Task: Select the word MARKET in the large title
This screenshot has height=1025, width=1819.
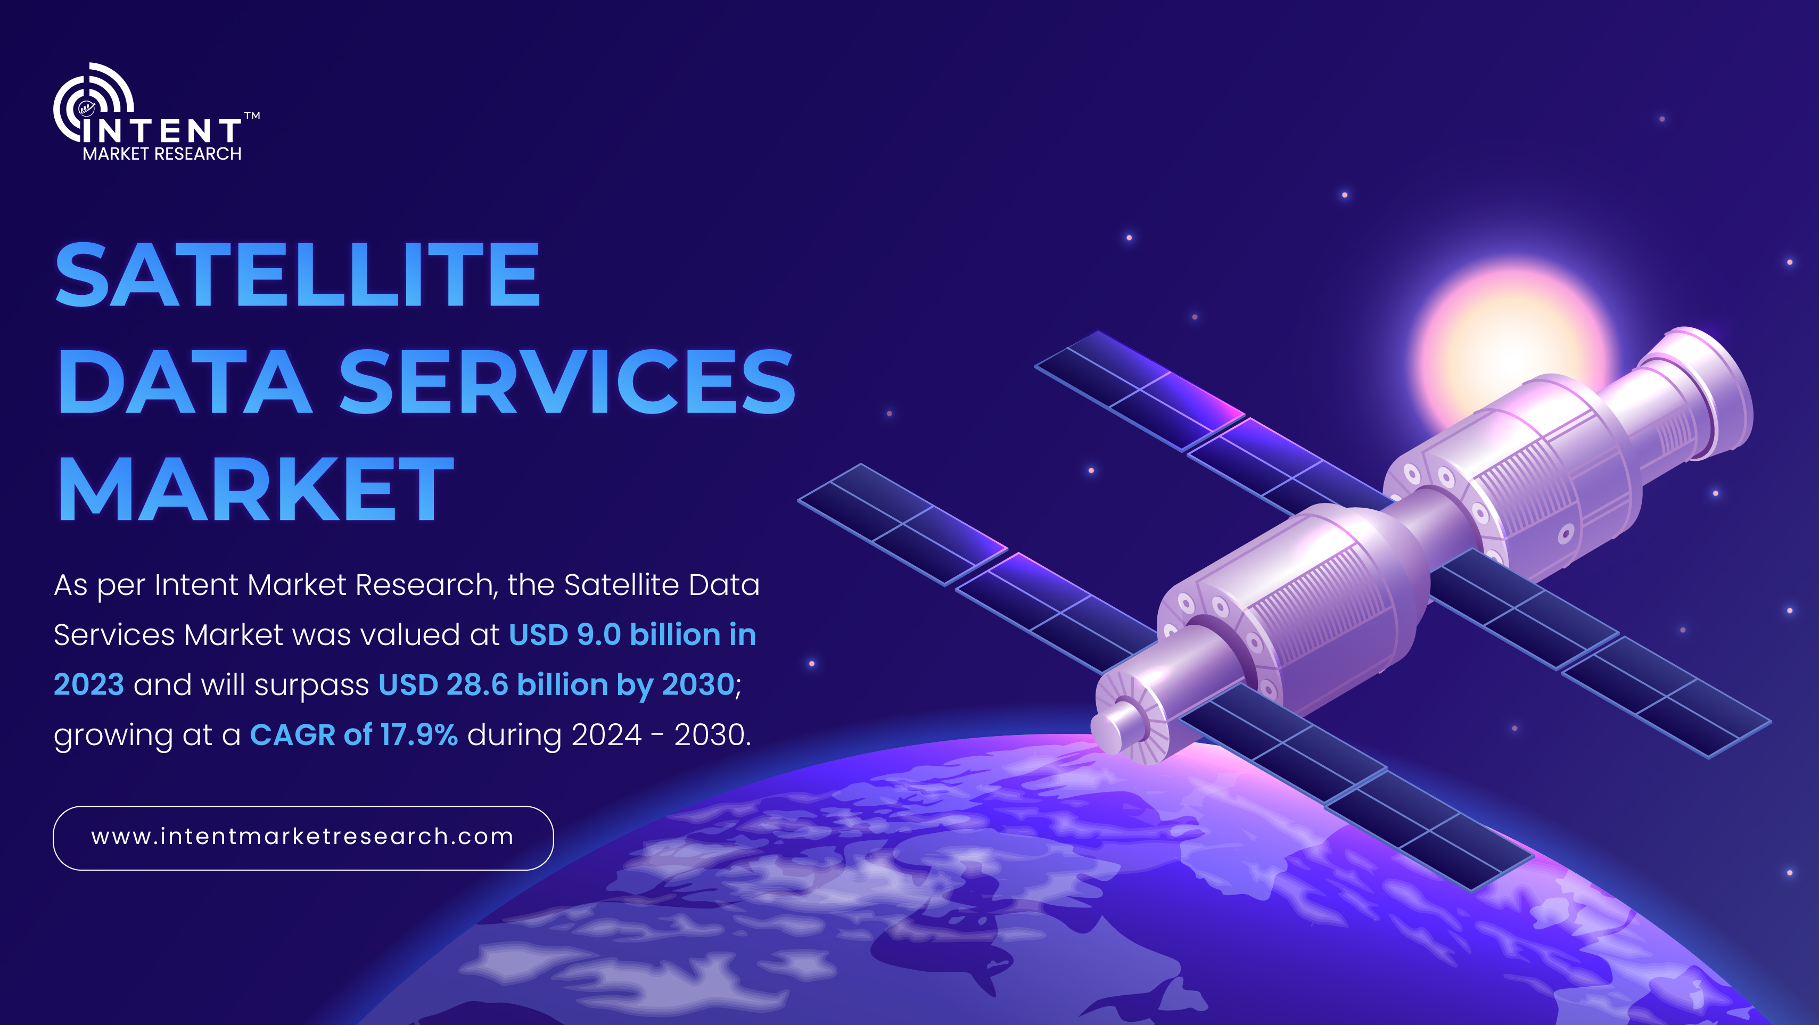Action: click(256, 489)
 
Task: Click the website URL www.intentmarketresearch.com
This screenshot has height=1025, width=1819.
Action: click(302, 837)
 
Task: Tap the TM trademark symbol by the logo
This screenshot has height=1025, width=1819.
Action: click(252, 116)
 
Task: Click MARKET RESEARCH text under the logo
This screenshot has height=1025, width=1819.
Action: click(162, 154)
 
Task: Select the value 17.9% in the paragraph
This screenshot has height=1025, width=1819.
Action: click(419, 735)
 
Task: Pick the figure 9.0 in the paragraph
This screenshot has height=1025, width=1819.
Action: click(599, 634)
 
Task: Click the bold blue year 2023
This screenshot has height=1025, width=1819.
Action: click(89, 685)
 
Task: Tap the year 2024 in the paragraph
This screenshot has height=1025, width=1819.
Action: click(606, 735)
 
